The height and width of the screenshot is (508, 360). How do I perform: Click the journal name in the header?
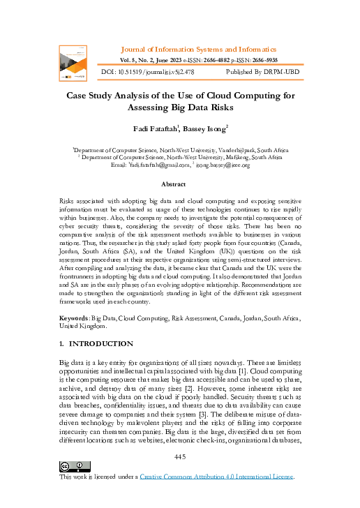pyautogui.click(x=199, y=50)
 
